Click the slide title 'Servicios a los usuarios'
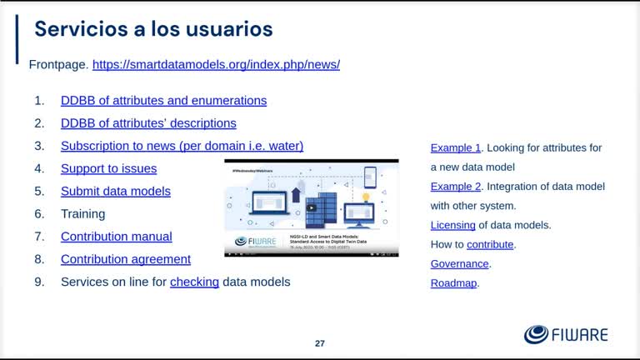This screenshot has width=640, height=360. click(153, 29)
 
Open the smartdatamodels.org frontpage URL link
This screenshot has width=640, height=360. click(216, 64)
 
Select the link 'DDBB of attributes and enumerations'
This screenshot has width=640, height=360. click(163, 101)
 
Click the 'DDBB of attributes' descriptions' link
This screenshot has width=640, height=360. click(148, 123)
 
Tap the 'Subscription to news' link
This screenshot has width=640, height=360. click(182, 146)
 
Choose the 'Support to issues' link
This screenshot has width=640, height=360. click(108, 168)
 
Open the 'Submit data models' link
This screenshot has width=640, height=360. click(115, 191)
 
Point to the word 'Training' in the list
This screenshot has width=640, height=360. click(82, 214)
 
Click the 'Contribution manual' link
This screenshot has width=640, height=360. click(116, 237)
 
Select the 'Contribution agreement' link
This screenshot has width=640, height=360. click(125, 259)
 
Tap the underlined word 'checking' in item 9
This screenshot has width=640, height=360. click(194, 282)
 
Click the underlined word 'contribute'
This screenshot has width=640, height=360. click(490, 244)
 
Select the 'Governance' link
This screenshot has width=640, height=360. click(459, 264)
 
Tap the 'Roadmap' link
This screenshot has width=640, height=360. click(454, 283)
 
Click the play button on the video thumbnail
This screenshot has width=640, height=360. click(312, 207)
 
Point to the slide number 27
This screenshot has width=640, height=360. click(320, 343)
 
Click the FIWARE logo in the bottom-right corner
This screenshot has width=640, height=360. click(566, 335)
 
